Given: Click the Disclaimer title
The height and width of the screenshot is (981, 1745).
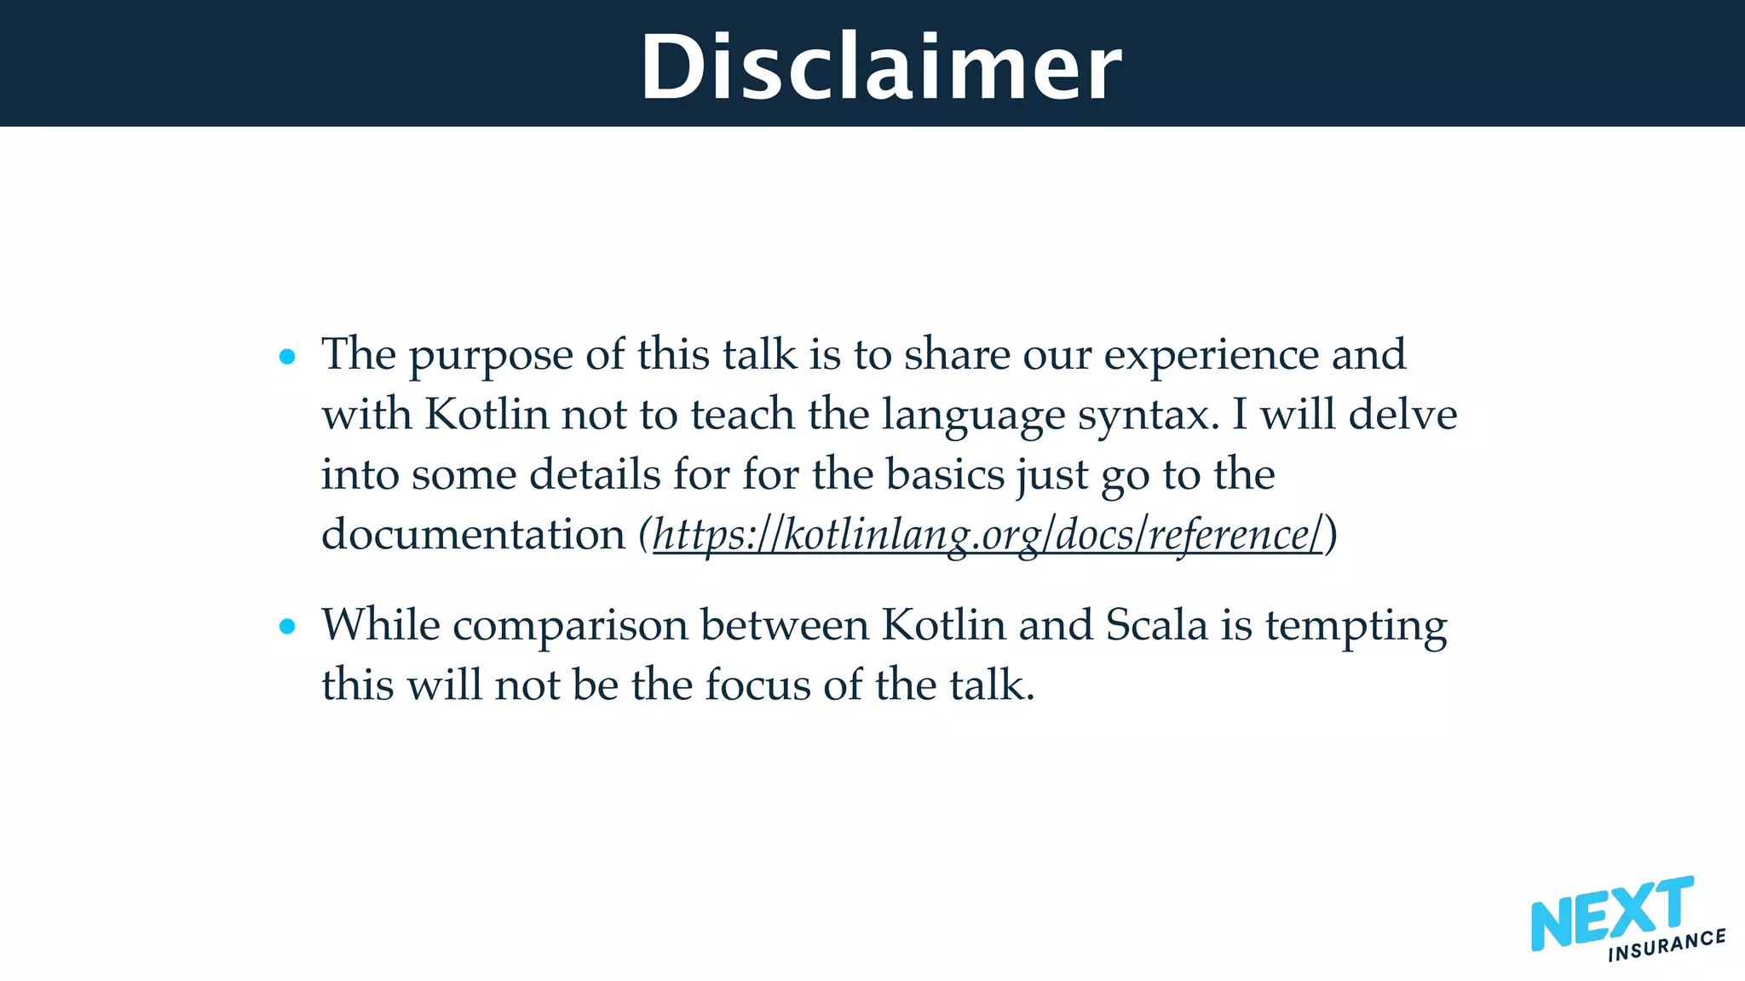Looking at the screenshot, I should coord(881,66).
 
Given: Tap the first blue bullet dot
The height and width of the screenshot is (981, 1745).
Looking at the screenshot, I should coord(287,357).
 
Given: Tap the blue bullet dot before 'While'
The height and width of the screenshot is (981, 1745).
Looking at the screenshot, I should coord(287,628).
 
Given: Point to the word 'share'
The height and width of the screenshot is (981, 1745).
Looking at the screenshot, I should coord(957,354).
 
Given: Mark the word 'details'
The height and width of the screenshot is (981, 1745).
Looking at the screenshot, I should coord(595,474).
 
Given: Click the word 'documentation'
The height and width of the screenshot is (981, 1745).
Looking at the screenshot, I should coord(474,535).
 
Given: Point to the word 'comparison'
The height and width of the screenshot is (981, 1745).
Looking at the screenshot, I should coord(570,627).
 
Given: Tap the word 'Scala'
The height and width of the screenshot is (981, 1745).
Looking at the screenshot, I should coord(1157,625).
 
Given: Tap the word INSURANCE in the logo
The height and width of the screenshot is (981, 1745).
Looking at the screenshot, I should coord(1667,945).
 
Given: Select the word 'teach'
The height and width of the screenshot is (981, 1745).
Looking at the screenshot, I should coord(742,415).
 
